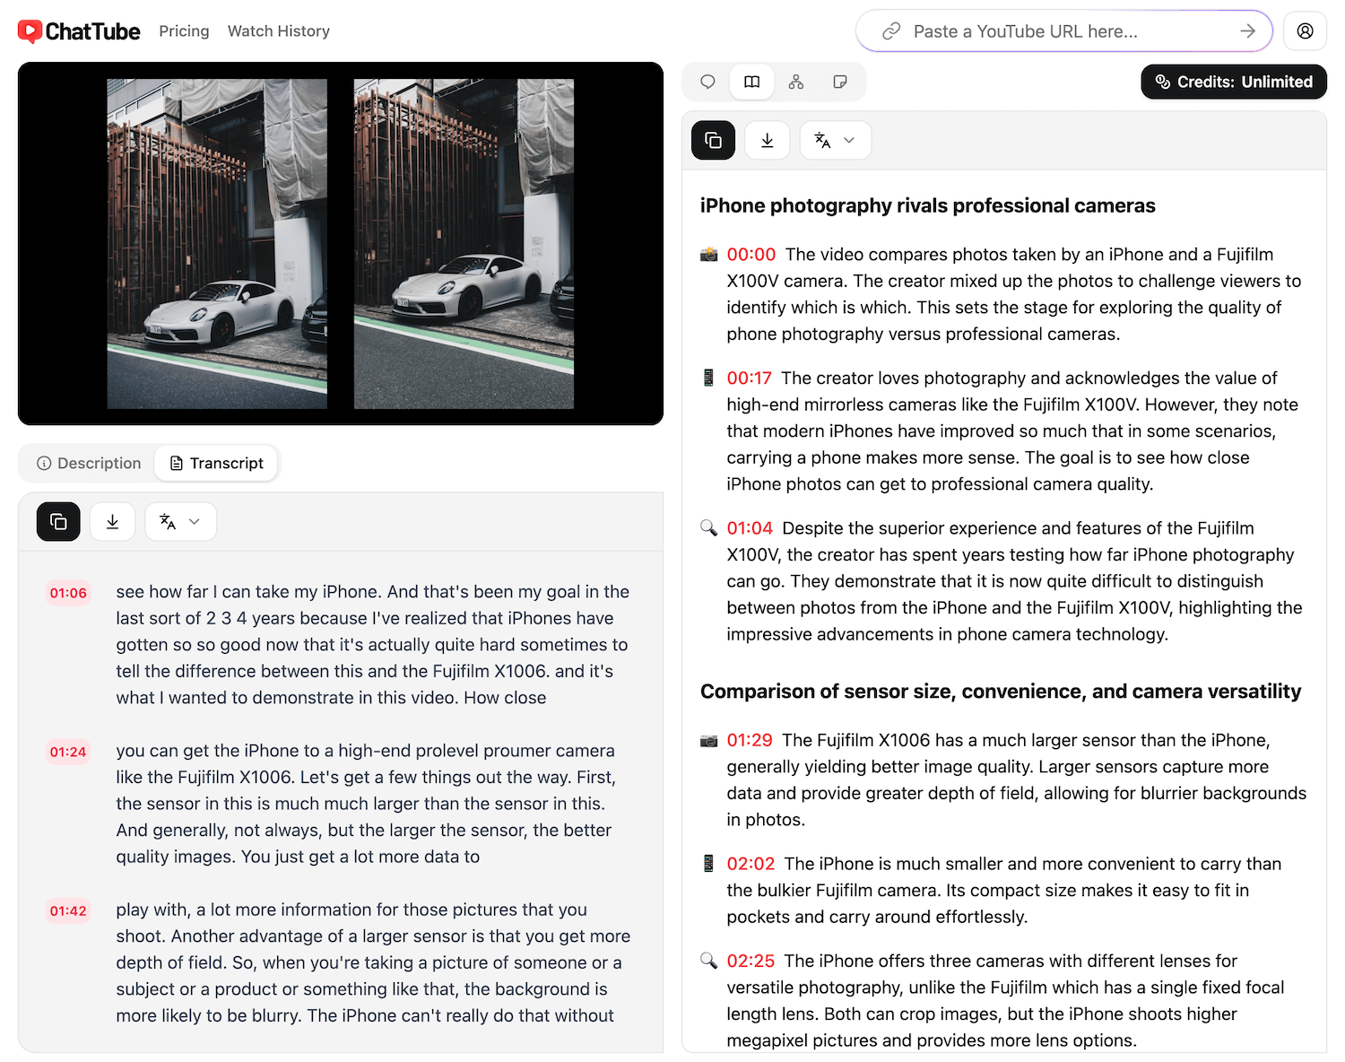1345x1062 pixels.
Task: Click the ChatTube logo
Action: [x=79, y=31]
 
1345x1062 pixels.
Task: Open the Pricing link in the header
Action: [x=184, y=31]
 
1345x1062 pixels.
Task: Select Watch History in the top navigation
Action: [x=278, y=31]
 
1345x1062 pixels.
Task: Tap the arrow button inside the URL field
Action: [x=1247, y=31]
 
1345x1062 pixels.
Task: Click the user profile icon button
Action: [x=1305, y=31]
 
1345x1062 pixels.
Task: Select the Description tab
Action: [x=89, y=463]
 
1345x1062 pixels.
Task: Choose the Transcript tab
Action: [x=216, y=463]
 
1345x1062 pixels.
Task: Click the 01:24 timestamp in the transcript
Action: [x=68, y=752]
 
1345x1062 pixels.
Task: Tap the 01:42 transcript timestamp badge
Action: [x=68, y=911]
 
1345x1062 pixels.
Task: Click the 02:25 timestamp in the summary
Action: [x=751, y=962]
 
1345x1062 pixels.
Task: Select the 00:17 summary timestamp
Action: [x=749, y=379]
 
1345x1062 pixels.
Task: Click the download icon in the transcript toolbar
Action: [x=112, y=522]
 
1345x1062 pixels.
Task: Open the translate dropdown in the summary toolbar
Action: [x=835, y=140]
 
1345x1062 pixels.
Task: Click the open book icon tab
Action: [x=751, y=82]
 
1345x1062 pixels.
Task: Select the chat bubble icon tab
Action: [x=707, y=82]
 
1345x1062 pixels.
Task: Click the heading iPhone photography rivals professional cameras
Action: [x=927, y=205]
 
